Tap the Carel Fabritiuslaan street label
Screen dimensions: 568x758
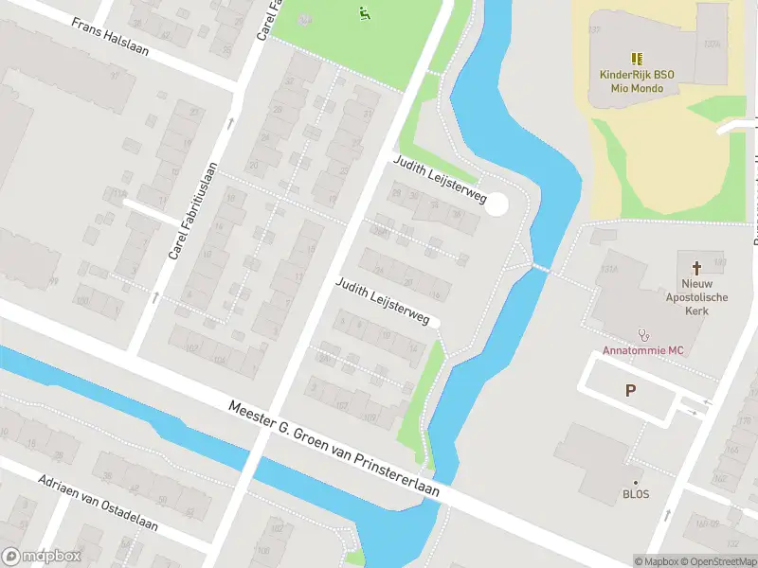193,211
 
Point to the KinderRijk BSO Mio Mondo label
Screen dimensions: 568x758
637,81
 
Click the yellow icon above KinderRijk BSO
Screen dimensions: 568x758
637,58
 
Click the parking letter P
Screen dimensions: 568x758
630,390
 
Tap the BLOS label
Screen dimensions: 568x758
636,494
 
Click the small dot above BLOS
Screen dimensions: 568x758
636,481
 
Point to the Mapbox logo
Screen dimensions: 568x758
42,557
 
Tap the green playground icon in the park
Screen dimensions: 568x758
363,12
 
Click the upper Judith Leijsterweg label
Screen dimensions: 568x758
440,180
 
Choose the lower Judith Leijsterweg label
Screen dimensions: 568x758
383,302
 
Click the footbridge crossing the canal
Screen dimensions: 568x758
539,268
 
